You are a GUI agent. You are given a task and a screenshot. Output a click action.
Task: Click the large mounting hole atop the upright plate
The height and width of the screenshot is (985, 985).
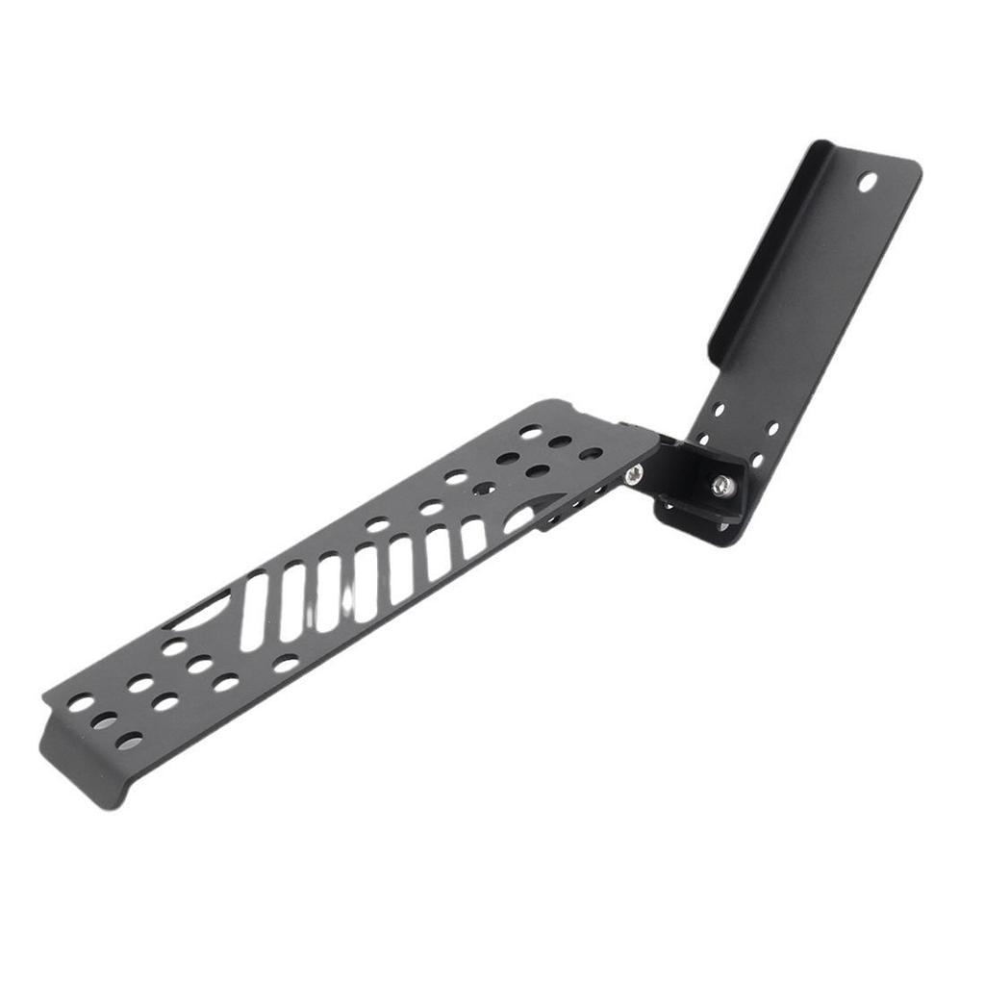867,181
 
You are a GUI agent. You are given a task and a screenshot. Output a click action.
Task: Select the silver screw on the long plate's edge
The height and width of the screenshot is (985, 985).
634,474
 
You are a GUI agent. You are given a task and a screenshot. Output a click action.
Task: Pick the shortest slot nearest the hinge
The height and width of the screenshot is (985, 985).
472,538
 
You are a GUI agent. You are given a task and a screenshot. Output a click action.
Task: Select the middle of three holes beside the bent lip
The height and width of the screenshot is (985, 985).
105,720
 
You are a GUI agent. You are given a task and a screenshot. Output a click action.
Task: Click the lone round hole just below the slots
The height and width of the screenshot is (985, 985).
286,663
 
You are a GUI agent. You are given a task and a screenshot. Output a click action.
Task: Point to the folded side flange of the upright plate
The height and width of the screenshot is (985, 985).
760,260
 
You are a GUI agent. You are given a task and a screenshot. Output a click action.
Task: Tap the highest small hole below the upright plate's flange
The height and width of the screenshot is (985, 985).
719,409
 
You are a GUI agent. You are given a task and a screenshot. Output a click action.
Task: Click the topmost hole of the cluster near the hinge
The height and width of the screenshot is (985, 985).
530,432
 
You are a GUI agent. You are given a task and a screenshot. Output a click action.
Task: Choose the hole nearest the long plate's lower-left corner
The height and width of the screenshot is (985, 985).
81,703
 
